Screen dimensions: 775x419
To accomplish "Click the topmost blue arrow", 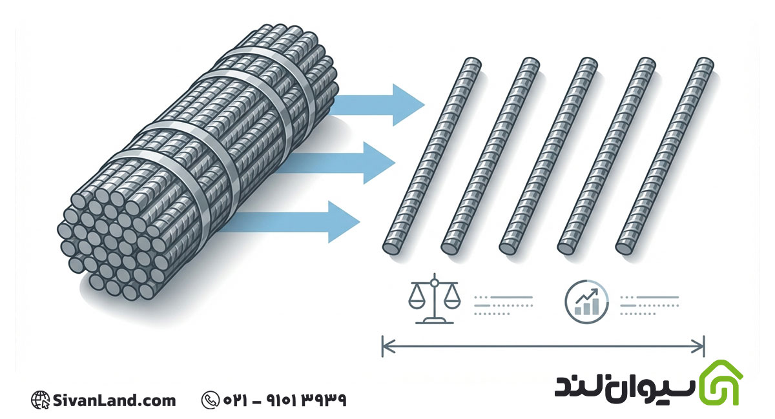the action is coord(377,105).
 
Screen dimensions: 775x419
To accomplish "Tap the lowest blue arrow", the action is coord(294,222).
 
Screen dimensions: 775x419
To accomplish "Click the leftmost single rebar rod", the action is coord(432,156).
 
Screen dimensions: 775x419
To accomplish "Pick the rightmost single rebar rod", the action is coord(665,156).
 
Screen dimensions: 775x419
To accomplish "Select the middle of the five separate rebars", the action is coord(548,156).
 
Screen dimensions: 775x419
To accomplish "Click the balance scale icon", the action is coord(435,299).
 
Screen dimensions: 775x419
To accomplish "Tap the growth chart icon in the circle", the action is coord(586,301).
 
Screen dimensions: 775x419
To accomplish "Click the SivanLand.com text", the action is coord(114,401).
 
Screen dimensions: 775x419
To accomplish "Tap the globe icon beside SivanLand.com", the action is coord(40,400).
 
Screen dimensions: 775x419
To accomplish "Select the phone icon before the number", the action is coord(210,400).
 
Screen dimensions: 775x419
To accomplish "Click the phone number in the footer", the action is coord(285,400).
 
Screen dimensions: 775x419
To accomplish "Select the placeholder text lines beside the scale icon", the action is coord(503,305).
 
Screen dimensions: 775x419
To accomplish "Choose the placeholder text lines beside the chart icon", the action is coord(650,305).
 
